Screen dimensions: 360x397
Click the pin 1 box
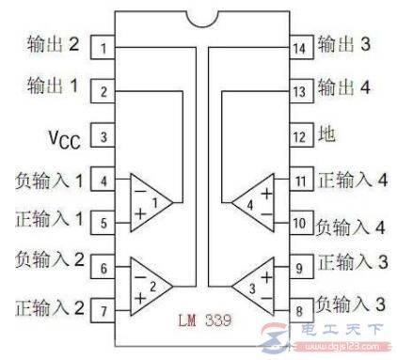[103, 47]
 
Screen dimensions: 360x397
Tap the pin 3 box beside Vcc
[103, 137]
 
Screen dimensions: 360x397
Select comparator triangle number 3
[252, 283]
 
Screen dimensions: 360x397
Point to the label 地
[327, 136]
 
